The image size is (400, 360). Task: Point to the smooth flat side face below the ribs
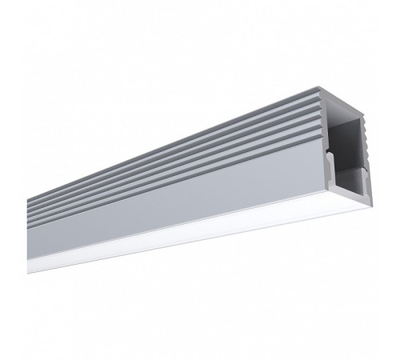coord(200,192)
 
